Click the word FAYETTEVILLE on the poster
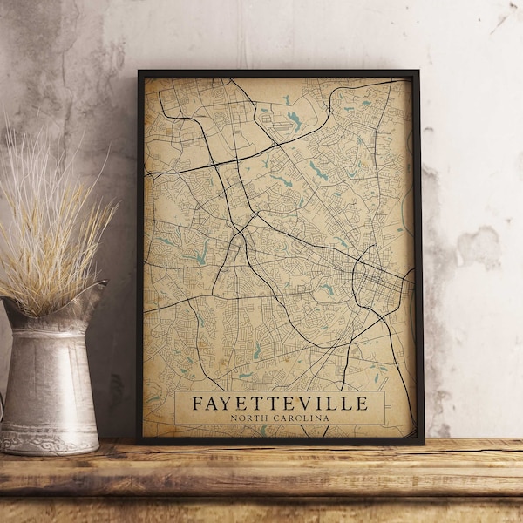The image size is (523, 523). (x=279, y=404)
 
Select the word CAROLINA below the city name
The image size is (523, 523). (x=301, y=418)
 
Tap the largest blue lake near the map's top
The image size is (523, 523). (x=295, y=119)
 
